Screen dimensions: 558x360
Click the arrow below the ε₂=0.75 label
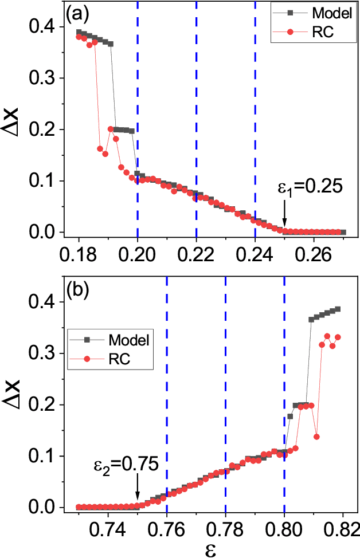(137, 490)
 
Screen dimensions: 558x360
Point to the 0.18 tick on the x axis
(79, 252)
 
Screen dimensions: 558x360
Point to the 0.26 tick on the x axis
(314, 252)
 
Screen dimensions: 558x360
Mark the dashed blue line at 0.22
(197, 115)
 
